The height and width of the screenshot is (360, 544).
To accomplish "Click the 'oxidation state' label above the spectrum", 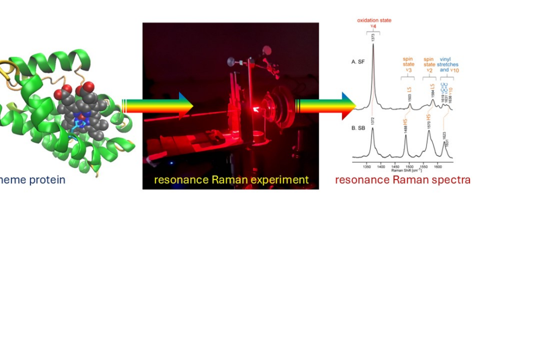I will [x=374, y=21].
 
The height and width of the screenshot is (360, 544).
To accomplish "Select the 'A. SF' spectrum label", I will [x=358, y=62].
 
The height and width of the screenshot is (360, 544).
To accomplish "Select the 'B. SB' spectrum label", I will [x=358, y=127].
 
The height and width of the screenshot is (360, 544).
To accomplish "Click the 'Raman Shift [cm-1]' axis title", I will [x=403, y=170].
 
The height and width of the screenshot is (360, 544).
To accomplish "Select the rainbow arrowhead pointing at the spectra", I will [x=348, y=106].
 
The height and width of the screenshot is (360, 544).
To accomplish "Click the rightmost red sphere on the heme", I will [x=88, y=86].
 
